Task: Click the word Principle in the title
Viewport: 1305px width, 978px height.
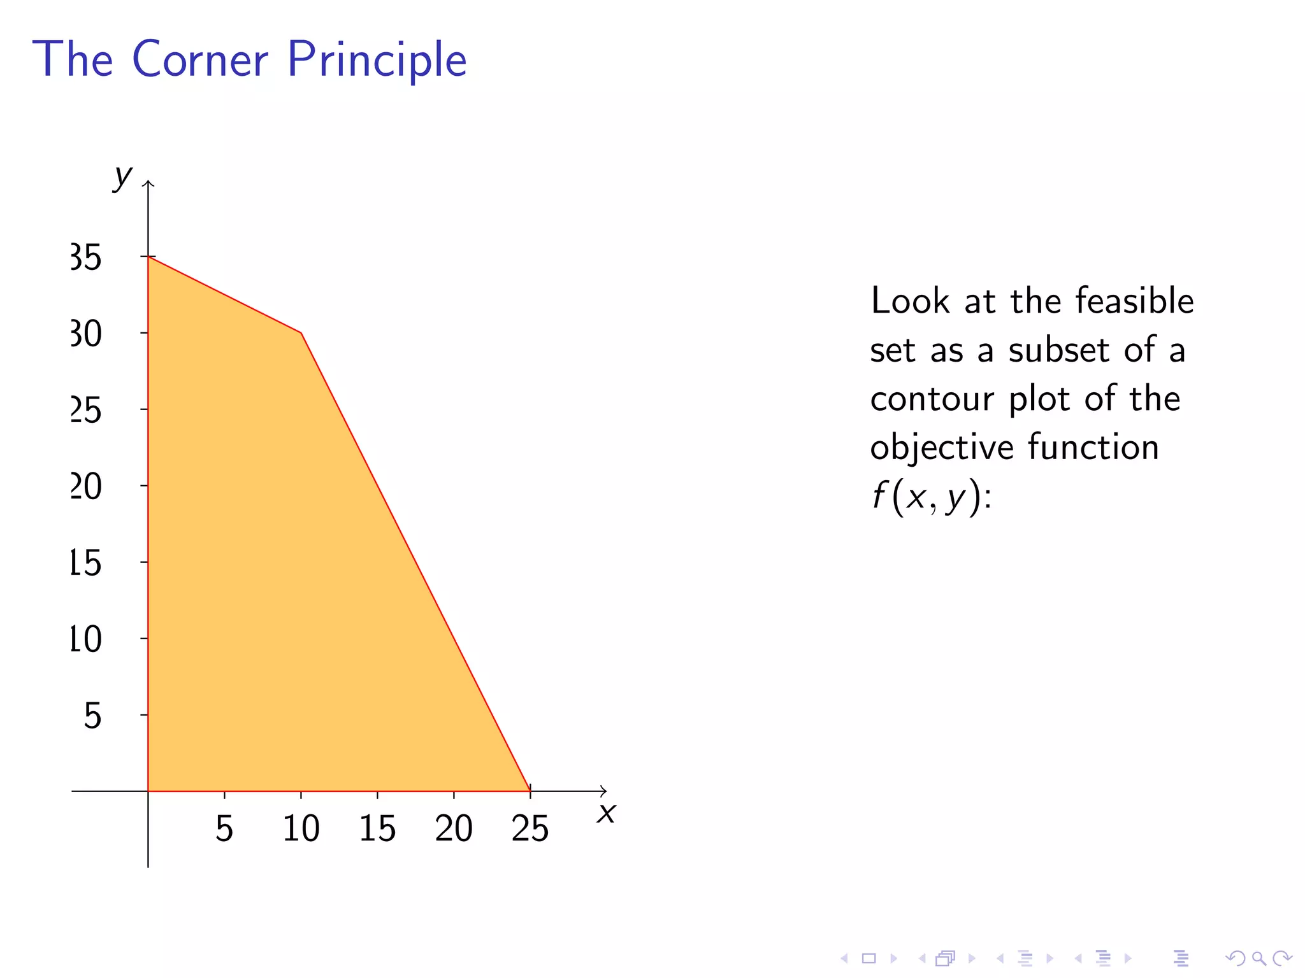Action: [377, 60]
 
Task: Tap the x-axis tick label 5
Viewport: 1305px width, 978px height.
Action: [224, 828]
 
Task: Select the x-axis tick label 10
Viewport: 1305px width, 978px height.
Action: [300, 828]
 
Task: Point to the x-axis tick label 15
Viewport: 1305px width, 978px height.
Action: [377, 828]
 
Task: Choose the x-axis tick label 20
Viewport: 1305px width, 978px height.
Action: [453, 828]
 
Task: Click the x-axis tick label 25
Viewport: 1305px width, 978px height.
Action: [530, 828]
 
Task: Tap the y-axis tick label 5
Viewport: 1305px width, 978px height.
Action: [92, 716]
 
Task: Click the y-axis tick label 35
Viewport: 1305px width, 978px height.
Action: [86, 258]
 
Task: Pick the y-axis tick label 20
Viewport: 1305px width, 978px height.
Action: [86, 487]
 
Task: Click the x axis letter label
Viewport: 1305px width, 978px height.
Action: [606, 813]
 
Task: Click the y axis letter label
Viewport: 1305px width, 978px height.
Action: [122, 176]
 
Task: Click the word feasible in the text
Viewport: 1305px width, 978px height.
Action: [1134, 301]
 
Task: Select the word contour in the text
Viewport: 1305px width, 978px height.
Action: [932, 399]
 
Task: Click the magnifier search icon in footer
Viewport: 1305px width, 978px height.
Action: [1258, 958]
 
